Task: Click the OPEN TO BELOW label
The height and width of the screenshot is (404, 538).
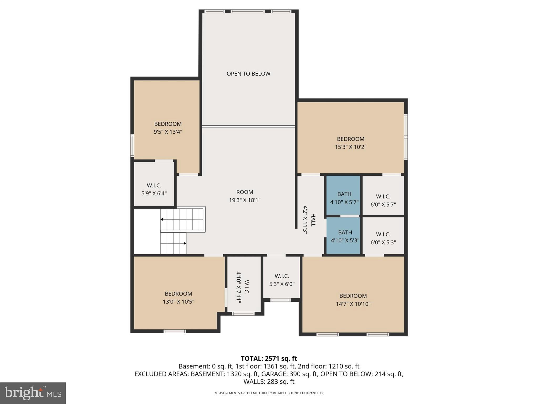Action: tap(248, 74)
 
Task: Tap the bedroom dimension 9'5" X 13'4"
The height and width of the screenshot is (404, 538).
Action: tap(168, 132)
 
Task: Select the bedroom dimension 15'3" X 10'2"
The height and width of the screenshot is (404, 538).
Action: tap(350, 147)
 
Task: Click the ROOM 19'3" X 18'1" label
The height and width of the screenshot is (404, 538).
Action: tap(245, 196)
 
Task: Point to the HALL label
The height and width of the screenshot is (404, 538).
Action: tap(313, 220)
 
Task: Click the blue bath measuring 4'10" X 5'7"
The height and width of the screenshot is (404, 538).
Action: tap(344, 198)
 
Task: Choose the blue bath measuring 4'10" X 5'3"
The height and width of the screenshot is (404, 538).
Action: tap(345, 236)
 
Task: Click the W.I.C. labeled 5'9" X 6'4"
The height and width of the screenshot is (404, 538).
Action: tap(154, 189)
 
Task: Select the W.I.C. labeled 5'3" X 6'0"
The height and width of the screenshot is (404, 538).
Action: tap(282, 280)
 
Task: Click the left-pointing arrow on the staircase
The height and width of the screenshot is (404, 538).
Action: tap(162, 219)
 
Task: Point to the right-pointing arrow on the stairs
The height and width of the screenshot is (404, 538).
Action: tap(185, 243)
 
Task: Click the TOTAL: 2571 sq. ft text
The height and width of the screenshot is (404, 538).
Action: tap(269, 358)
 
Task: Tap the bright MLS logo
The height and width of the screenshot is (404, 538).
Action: tap(33, 393)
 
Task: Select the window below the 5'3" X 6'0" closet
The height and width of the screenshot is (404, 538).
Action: tap(281, 300)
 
